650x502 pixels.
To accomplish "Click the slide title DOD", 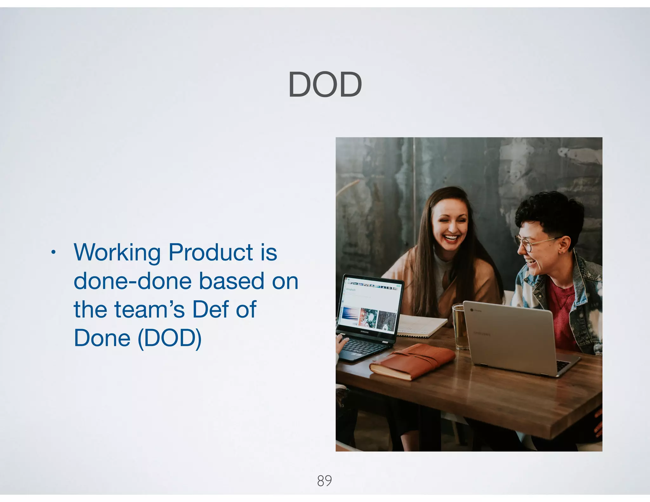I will click(x=325, y=84).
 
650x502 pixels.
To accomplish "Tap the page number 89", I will click(x=324, y=480).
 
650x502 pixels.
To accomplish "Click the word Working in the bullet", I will click(x=117, y=253).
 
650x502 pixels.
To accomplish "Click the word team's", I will click(x=149, y=309).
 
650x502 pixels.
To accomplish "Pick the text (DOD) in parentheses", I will click(x=169, y=338).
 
